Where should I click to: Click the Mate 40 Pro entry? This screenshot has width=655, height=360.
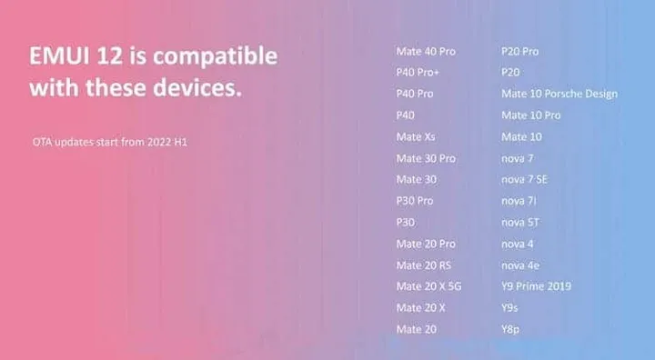(x=426, y=51)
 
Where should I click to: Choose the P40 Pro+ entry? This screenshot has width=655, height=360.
(x=418, y=73)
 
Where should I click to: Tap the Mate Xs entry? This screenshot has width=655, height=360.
(x=416, y=137)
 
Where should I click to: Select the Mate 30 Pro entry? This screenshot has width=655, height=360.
(x=426, y=158)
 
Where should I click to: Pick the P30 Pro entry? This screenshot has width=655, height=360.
(x=415, y=201)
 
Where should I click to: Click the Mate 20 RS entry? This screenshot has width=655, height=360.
(x=424, y=265)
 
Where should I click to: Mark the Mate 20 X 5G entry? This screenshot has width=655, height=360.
(x=428, y=286)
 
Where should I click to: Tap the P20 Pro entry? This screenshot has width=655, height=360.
(x=519, y=51)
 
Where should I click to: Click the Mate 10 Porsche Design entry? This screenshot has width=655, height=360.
(x=559, y=94)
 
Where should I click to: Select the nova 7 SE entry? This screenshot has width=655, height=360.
(x=524, y=179)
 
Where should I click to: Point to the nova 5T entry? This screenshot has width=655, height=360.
(x=520, y=223)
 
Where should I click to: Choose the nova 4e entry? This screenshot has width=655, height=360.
(x=520, y=265)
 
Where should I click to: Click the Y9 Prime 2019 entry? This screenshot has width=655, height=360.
(x=536, y=286)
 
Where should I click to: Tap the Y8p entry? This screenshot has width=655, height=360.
(x=512, y=329)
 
